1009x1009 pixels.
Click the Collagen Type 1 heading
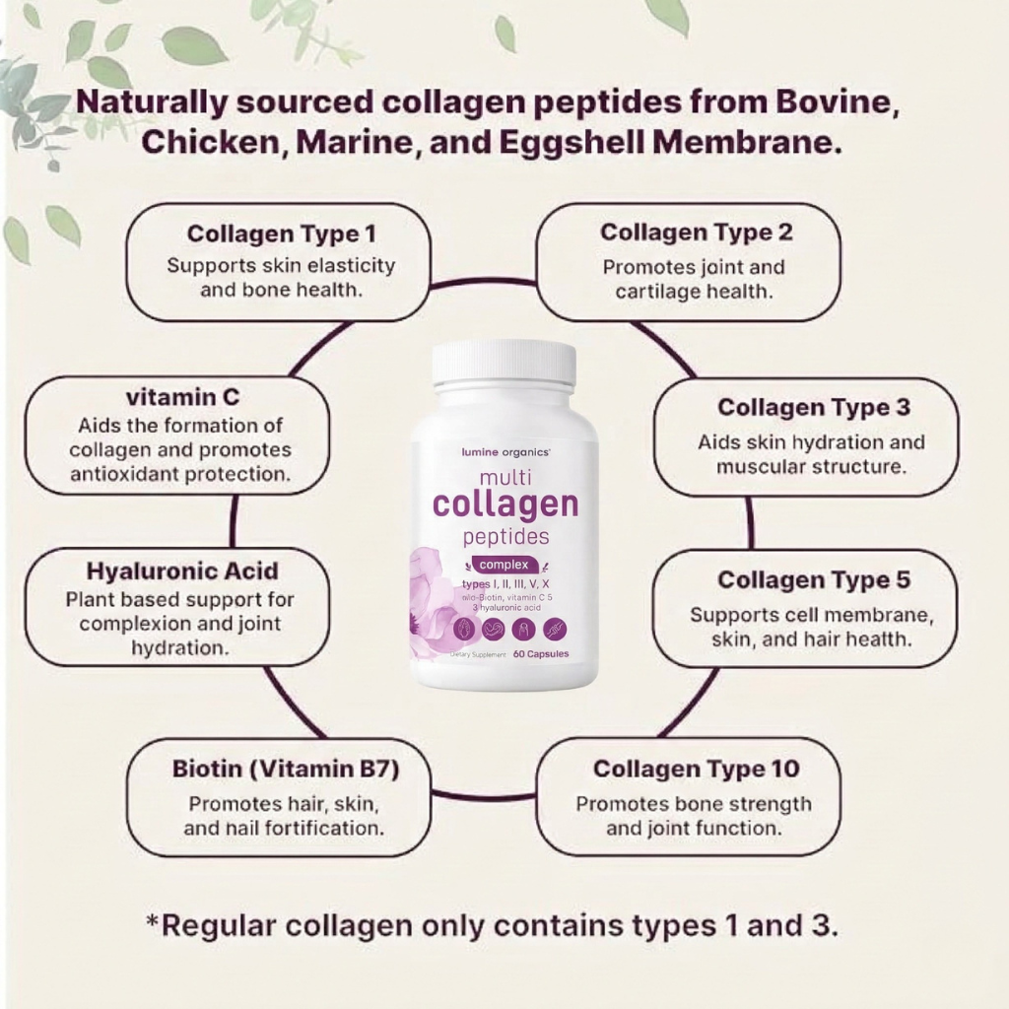click(281, 235)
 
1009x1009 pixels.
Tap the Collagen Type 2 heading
click(697, 234)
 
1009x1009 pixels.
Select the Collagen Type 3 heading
click(814, 408)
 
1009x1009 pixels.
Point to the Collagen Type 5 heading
click(814, 580)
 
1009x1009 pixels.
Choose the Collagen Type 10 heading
click(697, 769)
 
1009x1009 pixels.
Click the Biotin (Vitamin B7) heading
click(286, 769)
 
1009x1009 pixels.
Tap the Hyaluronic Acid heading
click(182, 572)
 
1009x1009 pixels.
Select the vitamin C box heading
click(182, 397)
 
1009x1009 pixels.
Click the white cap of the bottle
click(504, 362)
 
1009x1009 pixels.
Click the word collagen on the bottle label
click(505, 504)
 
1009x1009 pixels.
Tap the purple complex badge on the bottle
click(504, 565)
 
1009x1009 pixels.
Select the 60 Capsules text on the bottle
click(541, 653)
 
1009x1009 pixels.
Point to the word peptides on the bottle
click(505, 537)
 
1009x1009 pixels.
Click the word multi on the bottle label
click(505, 477)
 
